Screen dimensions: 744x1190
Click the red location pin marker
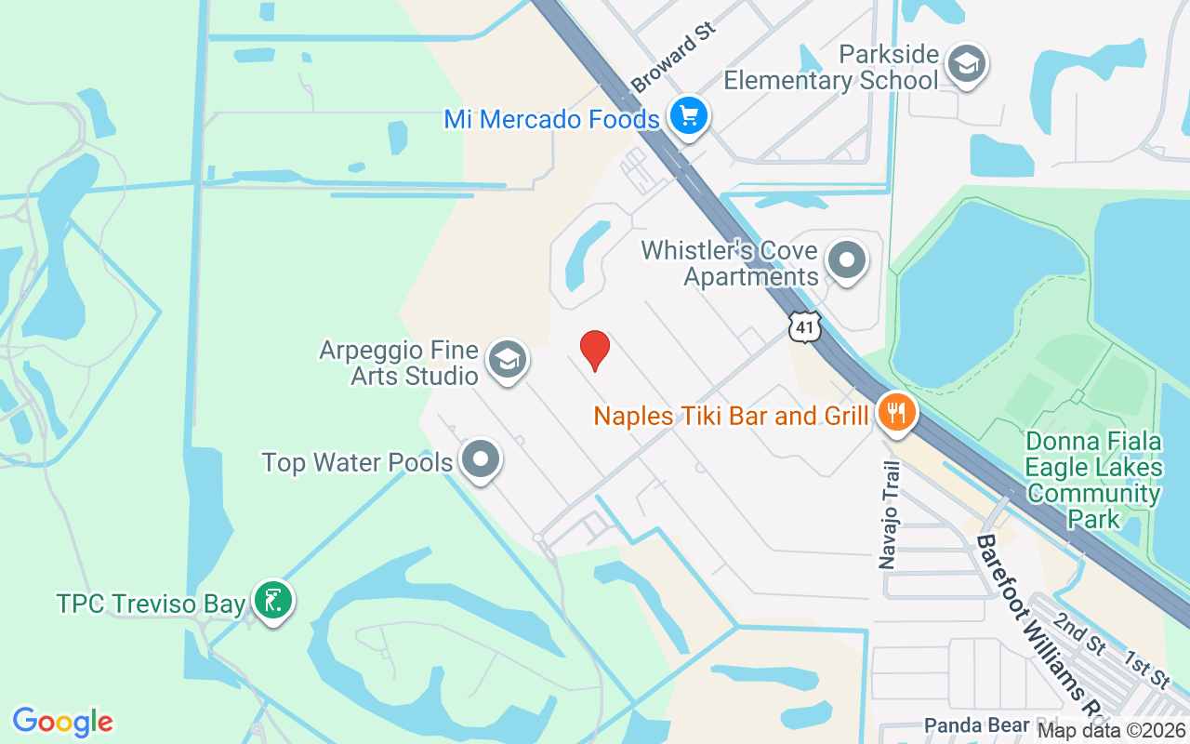pyautogui.click(x=595, y=350)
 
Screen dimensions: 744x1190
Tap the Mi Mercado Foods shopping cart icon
pyautogui.click(x=688, y=116)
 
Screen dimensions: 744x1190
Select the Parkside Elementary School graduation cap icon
pyautogui.click(x=967, y=64)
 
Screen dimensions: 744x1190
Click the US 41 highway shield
pyautogui.click(x=805, y=325)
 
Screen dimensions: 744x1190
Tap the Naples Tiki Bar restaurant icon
pyautogui.click(x=896, y=414)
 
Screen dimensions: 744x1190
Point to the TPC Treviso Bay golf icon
pyautogui.click(x=272, y=602)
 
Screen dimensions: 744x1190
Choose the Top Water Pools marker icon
pyautogui.click(x=481, y=459)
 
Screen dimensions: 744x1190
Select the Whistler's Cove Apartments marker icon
pyautogui.click(x=846, y=261)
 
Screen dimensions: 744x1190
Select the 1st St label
pyautogui.click(x=1146, y=671)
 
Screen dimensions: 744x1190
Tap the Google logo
pyautogui.click(x=63, y=721)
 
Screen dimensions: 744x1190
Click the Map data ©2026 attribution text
pyautogui.click(x=1110, y=730)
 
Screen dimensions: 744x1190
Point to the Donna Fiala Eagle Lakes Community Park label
pyautogui.click(x=1094, y=479)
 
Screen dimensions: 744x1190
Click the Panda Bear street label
pyautogui.click(x=976, y=725)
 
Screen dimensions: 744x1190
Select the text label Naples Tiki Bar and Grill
pyautogui.click(x=731, y=415)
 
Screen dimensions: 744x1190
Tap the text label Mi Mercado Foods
pyautogui.click(x=552, y=119)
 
